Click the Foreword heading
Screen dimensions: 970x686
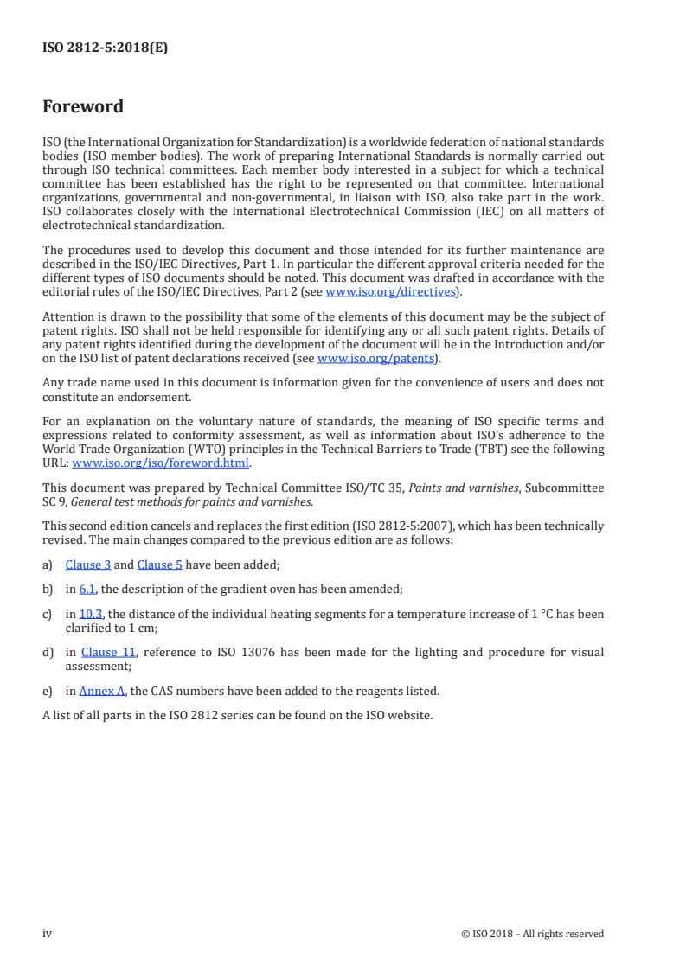pyautogui.click(x=83, y=107)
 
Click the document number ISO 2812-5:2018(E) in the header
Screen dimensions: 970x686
pyautogui.click(x=105, y=48)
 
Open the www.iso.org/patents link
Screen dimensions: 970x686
pyautogui.click(x=377, y=358)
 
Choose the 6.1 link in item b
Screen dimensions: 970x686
pyautogui.click(x=87, y=589)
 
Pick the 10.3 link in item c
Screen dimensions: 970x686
pyautogui.click(x=91, y=614)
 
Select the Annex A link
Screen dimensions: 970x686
pyautogui.click(x=102, y=690)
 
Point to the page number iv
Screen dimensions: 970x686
pyautogui.click(x=48, y=933)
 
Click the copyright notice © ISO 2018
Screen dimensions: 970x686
pyautogui.click(x=533, y=934)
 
